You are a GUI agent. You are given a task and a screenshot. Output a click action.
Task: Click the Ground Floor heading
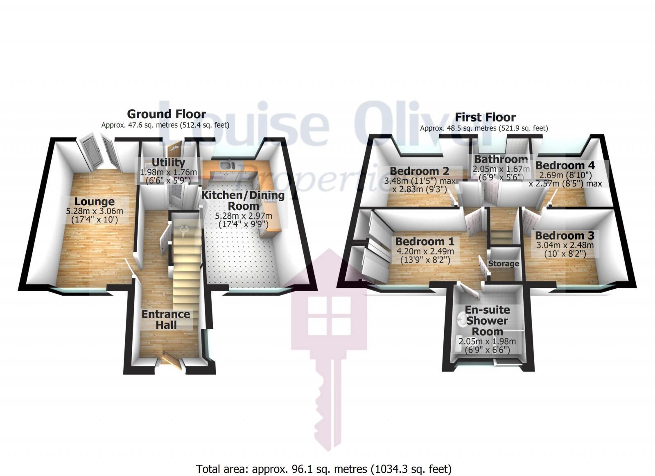click(166, 114)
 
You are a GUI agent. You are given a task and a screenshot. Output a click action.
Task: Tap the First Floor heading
click(485, 117)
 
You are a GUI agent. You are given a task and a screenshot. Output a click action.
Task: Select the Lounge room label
click(94, 202)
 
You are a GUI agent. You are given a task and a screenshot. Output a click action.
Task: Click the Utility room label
click(168, 162)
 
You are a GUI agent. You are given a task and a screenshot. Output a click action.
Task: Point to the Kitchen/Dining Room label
click(243, 200)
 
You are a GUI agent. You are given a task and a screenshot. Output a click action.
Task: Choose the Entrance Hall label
click(166, 319)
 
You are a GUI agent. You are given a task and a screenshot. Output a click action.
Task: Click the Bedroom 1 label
click(425, 241)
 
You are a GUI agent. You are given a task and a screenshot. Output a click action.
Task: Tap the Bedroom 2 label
click(419, 171)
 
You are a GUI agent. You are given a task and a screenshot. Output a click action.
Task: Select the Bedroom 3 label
click(565, 236)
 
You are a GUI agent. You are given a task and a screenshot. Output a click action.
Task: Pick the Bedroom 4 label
click(565, 165)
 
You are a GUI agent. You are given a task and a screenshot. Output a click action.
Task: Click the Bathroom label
click(501, 159)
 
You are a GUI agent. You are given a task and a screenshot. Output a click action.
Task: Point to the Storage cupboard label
click(504, 264)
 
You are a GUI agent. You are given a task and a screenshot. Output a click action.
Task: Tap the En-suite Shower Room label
click(487, 321)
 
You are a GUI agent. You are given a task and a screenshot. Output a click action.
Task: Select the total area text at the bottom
click(323, 469)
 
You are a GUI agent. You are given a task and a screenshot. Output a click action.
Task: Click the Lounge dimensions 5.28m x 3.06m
click(95, 211)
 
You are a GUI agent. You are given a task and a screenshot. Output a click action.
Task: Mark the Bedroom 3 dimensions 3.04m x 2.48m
click(565, 245)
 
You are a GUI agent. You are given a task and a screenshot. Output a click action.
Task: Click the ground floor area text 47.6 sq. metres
click(165, 125)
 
